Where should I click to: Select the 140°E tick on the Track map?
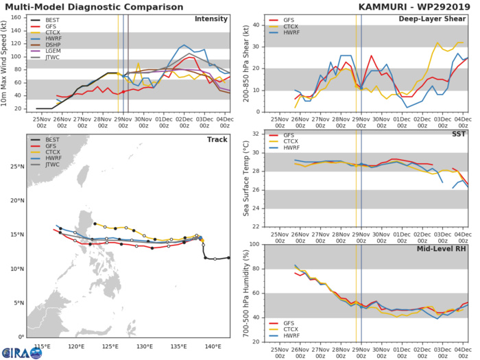[x=212, y=346]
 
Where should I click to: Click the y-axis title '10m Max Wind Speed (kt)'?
[x=5, y=62]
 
